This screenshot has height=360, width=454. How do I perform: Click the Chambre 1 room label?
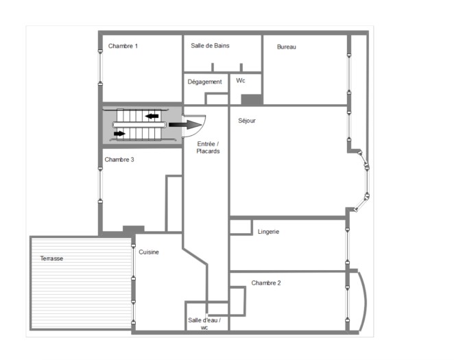click(x=123, y=46)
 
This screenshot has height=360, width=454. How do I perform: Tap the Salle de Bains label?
click(x=210, y=46)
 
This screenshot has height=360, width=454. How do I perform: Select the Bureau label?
click(x=287, y=47)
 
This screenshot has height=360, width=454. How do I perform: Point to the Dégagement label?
click(x=204, y=82)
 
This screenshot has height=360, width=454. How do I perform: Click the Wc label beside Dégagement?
click(x=241, y=80)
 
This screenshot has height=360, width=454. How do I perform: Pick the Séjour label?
click(x=247, y=121)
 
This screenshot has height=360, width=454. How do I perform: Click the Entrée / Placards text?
click(x=208, y=147)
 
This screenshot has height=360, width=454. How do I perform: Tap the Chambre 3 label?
click(x=119, y=160)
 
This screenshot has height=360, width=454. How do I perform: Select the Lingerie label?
click(x=268, y=232)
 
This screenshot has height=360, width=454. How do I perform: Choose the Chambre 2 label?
click(x=266, y=283)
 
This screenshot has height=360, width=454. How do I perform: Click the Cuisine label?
click(x=149, y=252)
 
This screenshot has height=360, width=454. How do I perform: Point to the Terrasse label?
click(x=51, y=259)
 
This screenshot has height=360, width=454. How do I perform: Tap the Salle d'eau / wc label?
click(x=204, y=324)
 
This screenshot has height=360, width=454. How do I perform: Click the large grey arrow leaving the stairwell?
click(x=185, y=125)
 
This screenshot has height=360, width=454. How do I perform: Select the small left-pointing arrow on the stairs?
click(x=152, y=117)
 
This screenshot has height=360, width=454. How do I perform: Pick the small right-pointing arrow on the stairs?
click(x=119, y=134)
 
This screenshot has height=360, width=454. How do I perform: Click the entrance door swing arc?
click(x=200, y=130)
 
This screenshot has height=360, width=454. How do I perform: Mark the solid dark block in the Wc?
click(x=252, y=100)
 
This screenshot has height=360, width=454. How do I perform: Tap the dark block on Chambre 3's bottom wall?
click(x=134, y=229)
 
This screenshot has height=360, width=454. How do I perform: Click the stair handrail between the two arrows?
click(x=139, y=125)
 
